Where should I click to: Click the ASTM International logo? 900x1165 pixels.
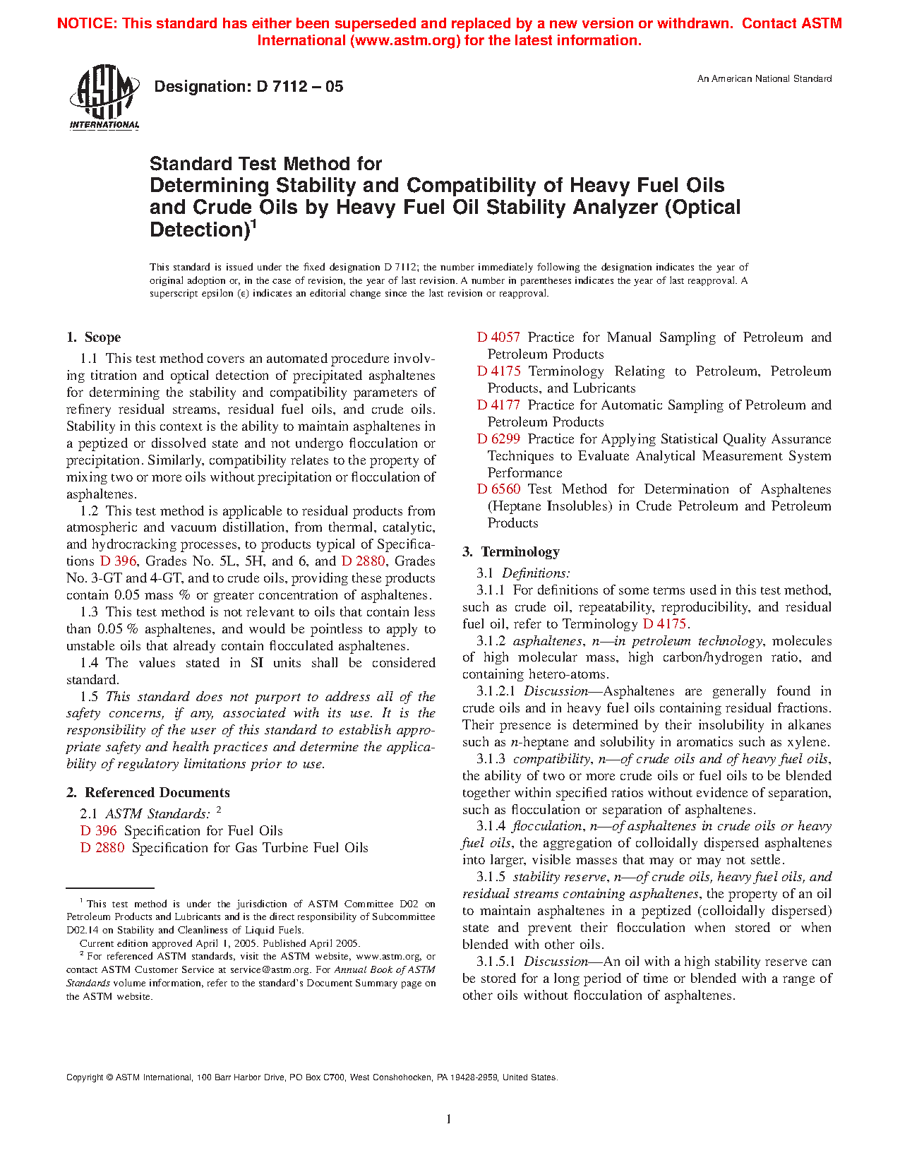coord(104,97)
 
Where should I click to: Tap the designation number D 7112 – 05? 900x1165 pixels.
coord(299,87)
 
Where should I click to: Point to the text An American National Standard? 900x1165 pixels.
coord(764,79)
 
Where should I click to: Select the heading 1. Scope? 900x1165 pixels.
coord(94,337)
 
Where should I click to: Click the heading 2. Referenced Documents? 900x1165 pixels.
coord(148,793)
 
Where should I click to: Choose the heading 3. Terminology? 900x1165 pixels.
coord(511,552)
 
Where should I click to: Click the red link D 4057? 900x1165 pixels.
coord(498,337)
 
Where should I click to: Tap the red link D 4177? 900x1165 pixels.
coord(498,405)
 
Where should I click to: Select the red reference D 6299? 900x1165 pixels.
coord(498,439)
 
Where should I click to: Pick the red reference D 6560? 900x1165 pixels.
coord(498,489)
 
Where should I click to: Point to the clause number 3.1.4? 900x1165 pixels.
coord(491,826)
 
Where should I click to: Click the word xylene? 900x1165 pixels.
coord(805,742)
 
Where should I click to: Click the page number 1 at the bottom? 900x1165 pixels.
coord(449,1118)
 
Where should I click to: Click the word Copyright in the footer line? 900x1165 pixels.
coord(85,1077)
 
